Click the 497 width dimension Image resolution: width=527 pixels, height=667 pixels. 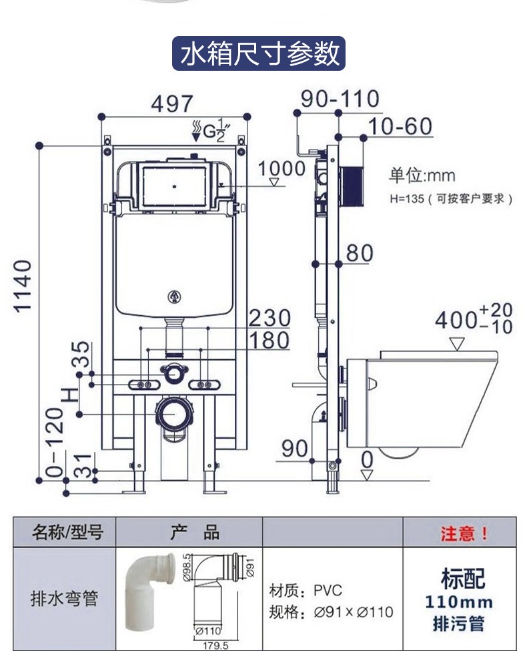click(x=171, y=103)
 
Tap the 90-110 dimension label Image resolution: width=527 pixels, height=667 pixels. click(x=340, y=99)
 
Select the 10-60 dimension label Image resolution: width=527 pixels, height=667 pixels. click(x=400, y=126)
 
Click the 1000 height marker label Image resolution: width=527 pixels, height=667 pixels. click(x=282, y=168)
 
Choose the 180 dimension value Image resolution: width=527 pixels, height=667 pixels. click(x=270, y=340)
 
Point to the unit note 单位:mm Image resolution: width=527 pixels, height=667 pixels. click(x=422, y=176)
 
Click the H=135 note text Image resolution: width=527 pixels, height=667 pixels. click(x=450, y=198)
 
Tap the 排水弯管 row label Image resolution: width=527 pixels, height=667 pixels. click(x=65, y=598)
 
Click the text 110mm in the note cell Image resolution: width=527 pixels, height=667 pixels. click(x=459, y=602)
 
